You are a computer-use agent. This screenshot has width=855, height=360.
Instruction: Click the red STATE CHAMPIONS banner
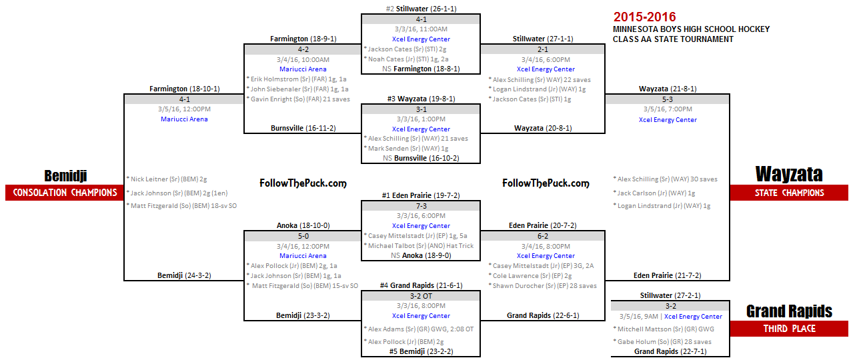789,193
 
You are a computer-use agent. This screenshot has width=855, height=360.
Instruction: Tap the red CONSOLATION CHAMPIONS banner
65,193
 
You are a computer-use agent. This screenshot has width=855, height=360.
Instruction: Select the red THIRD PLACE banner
789,329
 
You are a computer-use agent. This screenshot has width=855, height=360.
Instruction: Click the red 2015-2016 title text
645,17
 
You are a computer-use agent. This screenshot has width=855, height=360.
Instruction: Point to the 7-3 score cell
421,206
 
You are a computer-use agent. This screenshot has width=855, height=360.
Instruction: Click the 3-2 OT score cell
421,296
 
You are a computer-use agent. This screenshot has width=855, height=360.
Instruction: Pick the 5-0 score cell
303,236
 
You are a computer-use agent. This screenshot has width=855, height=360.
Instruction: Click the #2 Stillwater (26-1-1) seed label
421,9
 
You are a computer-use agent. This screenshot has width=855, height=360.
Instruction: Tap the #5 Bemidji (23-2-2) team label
421,351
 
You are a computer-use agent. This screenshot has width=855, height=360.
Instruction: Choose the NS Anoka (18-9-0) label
421,255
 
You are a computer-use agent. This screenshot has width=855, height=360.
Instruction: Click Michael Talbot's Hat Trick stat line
421,245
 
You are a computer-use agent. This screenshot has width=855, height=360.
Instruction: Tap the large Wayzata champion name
789,175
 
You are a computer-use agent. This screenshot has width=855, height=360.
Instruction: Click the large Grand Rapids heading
789,311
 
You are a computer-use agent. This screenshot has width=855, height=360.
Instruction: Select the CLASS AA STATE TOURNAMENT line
674,39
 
